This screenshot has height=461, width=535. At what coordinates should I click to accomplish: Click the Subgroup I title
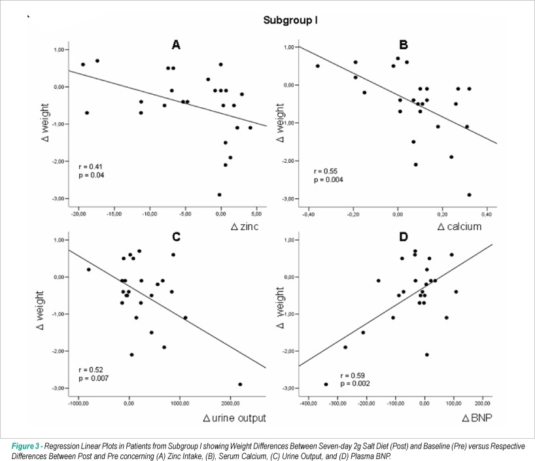pos(290,20)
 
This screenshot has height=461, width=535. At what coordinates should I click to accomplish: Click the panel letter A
pos(176,44)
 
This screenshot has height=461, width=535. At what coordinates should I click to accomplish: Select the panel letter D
pos(404,237)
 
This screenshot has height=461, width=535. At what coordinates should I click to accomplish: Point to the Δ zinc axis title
pos(245,226)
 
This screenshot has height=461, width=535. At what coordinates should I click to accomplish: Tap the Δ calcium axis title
pos(459,226)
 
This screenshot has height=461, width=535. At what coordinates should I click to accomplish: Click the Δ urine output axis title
pos(234,418)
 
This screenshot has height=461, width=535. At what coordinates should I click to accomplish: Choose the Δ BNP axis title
pos(477,418)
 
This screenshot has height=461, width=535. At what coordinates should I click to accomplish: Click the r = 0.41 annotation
pos(90,167)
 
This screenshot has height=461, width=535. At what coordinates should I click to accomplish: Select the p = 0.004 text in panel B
pos(328,180)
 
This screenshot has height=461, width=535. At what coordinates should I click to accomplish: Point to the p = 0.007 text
pos(94,378)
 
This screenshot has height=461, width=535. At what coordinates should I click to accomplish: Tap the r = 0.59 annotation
pos(353,376)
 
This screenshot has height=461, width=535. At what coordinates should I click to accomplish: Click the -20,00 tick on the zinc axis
pos(78,214)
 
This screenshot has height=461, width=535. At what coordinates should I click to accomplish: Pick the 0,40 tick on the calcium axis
pos(487,214)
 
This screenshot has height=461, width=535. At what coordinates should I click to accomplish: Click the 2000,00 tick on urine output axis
pos(230,403)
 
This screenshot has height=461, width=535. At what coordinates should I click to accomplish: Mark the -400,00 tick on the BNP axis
pos(309,403)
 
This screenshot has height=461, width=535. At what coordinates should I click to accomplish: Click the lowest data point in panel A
pos(219,195)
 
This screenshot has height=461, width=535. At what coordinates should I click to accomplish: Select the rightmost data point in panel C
pos(240,384)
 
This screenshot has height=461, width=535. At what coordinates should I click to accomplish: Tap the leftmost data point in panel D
pos(326,384)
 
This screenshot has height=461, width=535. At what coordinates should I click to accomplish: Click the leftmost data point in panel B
pos(318,66)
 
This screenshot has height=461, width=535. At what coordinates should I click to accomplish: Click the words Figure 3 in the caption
pos(26,447)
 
